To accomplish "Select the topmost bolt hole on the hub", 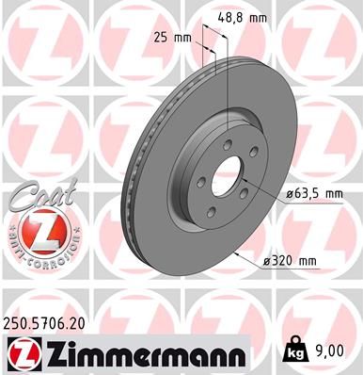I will click(x=229, y=143).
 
